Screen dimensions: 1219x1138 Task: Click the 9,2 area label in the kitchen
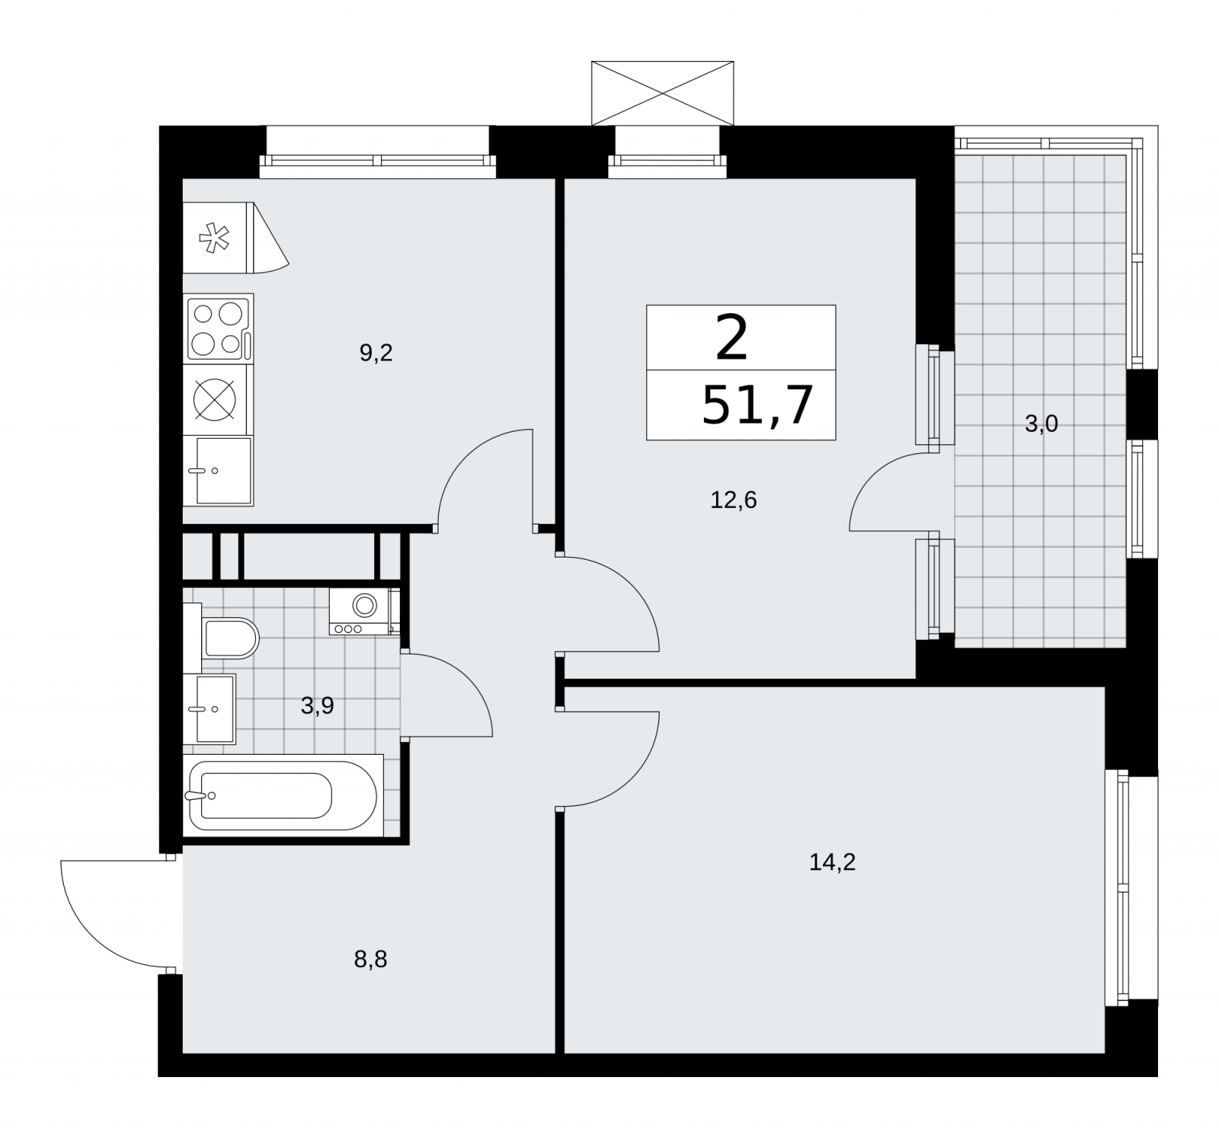click(x=376, y=353)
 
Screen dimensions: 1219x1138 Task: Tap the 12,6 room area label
click(x=734, y=500)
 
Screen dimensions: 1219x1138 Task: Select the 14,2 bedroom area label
click(x=833, y=862)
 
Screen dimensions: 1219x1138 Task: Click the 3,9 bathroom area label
click(x=317, y=706)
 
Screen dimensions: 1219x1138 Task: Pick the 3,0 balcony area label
click(x=1041, y=424)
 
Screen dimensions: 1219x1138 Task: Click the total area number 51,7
click(x=757, y=406)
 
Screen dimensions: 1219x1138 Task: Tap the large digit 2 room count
click(x=732, y=340)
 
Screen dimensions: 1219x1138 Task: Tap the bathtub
click(x=282, y=795)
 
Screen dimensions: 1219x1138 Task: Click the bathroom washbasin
click(x=210, y=708)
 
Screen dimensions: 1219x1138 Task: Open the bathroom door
click(x=447, y=694)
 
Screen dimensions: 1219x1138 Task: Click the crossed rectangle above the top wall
click(x=662, y=93)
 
